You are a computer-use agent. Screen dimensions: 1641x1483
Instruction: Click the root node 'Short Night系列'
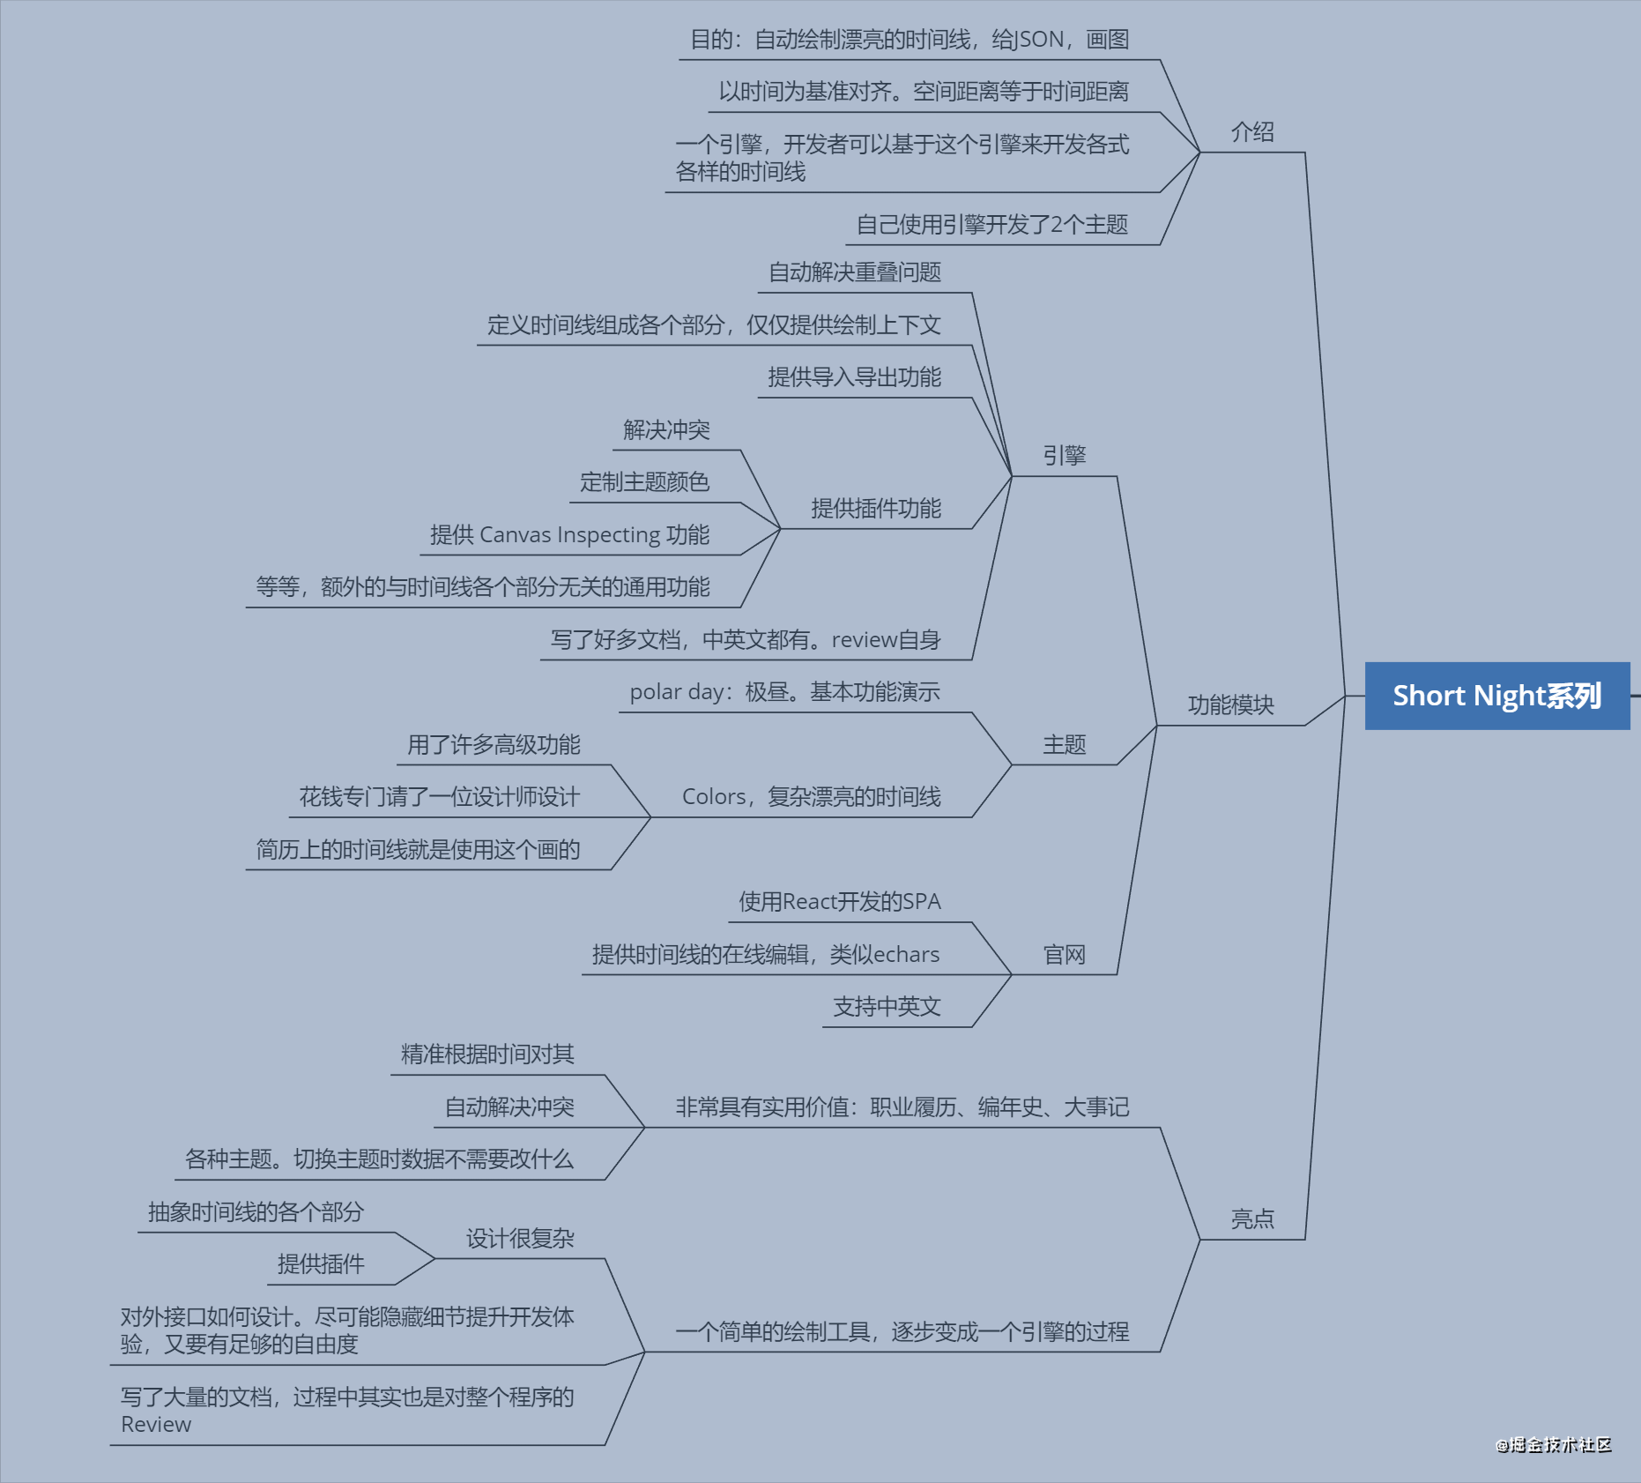1496,696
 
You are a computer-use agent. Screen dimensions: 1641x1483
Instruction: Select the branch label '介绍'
1252,132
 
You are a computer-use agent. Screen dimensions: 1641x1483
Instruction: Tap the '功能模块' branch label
1230,704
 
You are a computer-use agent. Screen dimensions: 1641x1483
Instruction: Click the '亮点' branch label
1252,1219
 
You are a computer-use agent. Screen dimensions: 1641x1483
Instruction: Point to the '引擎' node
1064,456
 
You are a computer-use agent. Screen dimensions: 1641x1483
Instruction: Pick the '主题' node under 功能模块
1064,745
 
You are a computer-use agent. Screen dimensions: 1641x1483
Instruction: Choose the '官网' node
1064,955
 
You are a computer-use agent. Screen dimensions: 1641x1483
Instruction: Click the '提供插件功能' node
875,509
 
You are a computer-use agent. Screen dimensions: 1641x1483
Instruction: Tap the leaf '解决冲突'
666,430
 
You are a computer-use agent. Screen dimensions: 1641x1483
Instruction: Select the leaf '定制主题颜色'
644,482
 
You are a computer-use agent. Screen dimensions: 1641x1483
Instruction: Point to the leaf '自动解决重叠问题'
854,272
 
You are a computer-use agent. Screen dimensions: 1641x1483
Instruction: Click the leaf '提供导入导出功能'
854,377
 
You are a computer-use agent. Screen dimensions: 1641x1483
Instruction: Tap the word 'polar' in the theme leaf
655,692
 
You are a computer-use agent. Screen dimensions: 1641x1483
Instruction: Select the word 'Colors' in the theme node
714,797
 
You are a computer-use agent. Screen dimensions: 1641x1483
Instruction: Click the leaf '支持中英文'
887,1007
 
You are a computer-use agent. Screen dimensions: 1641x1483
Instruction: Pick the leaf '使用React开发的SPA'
839,902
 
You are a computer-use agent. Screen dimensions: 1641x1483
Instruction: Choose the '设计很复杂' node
520,1239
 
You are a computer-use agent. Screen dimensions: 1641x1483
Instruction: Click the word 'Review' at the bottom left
156,1425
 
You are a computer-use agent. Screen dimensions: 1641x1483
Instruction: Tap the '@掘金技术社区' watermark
1554,1444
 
